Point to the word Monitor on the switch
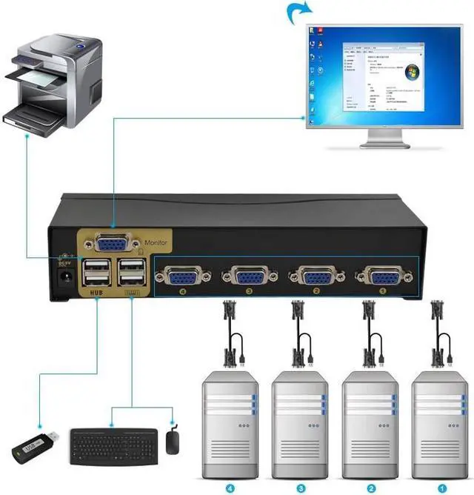click(x=157, y=242)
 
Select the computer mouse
click(x=173, y=442)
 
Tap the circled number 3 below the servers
click(x=301, y=488)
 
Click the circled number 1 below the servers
click(x=441, y=488)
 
